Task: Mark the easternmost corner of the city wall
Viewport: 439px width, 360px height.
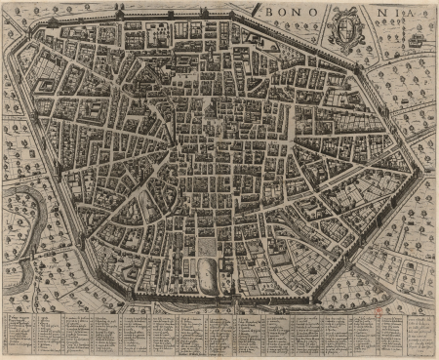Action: point(422,166)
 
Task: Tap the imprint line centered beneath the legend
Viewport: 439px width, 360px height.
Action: point(219,352)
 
